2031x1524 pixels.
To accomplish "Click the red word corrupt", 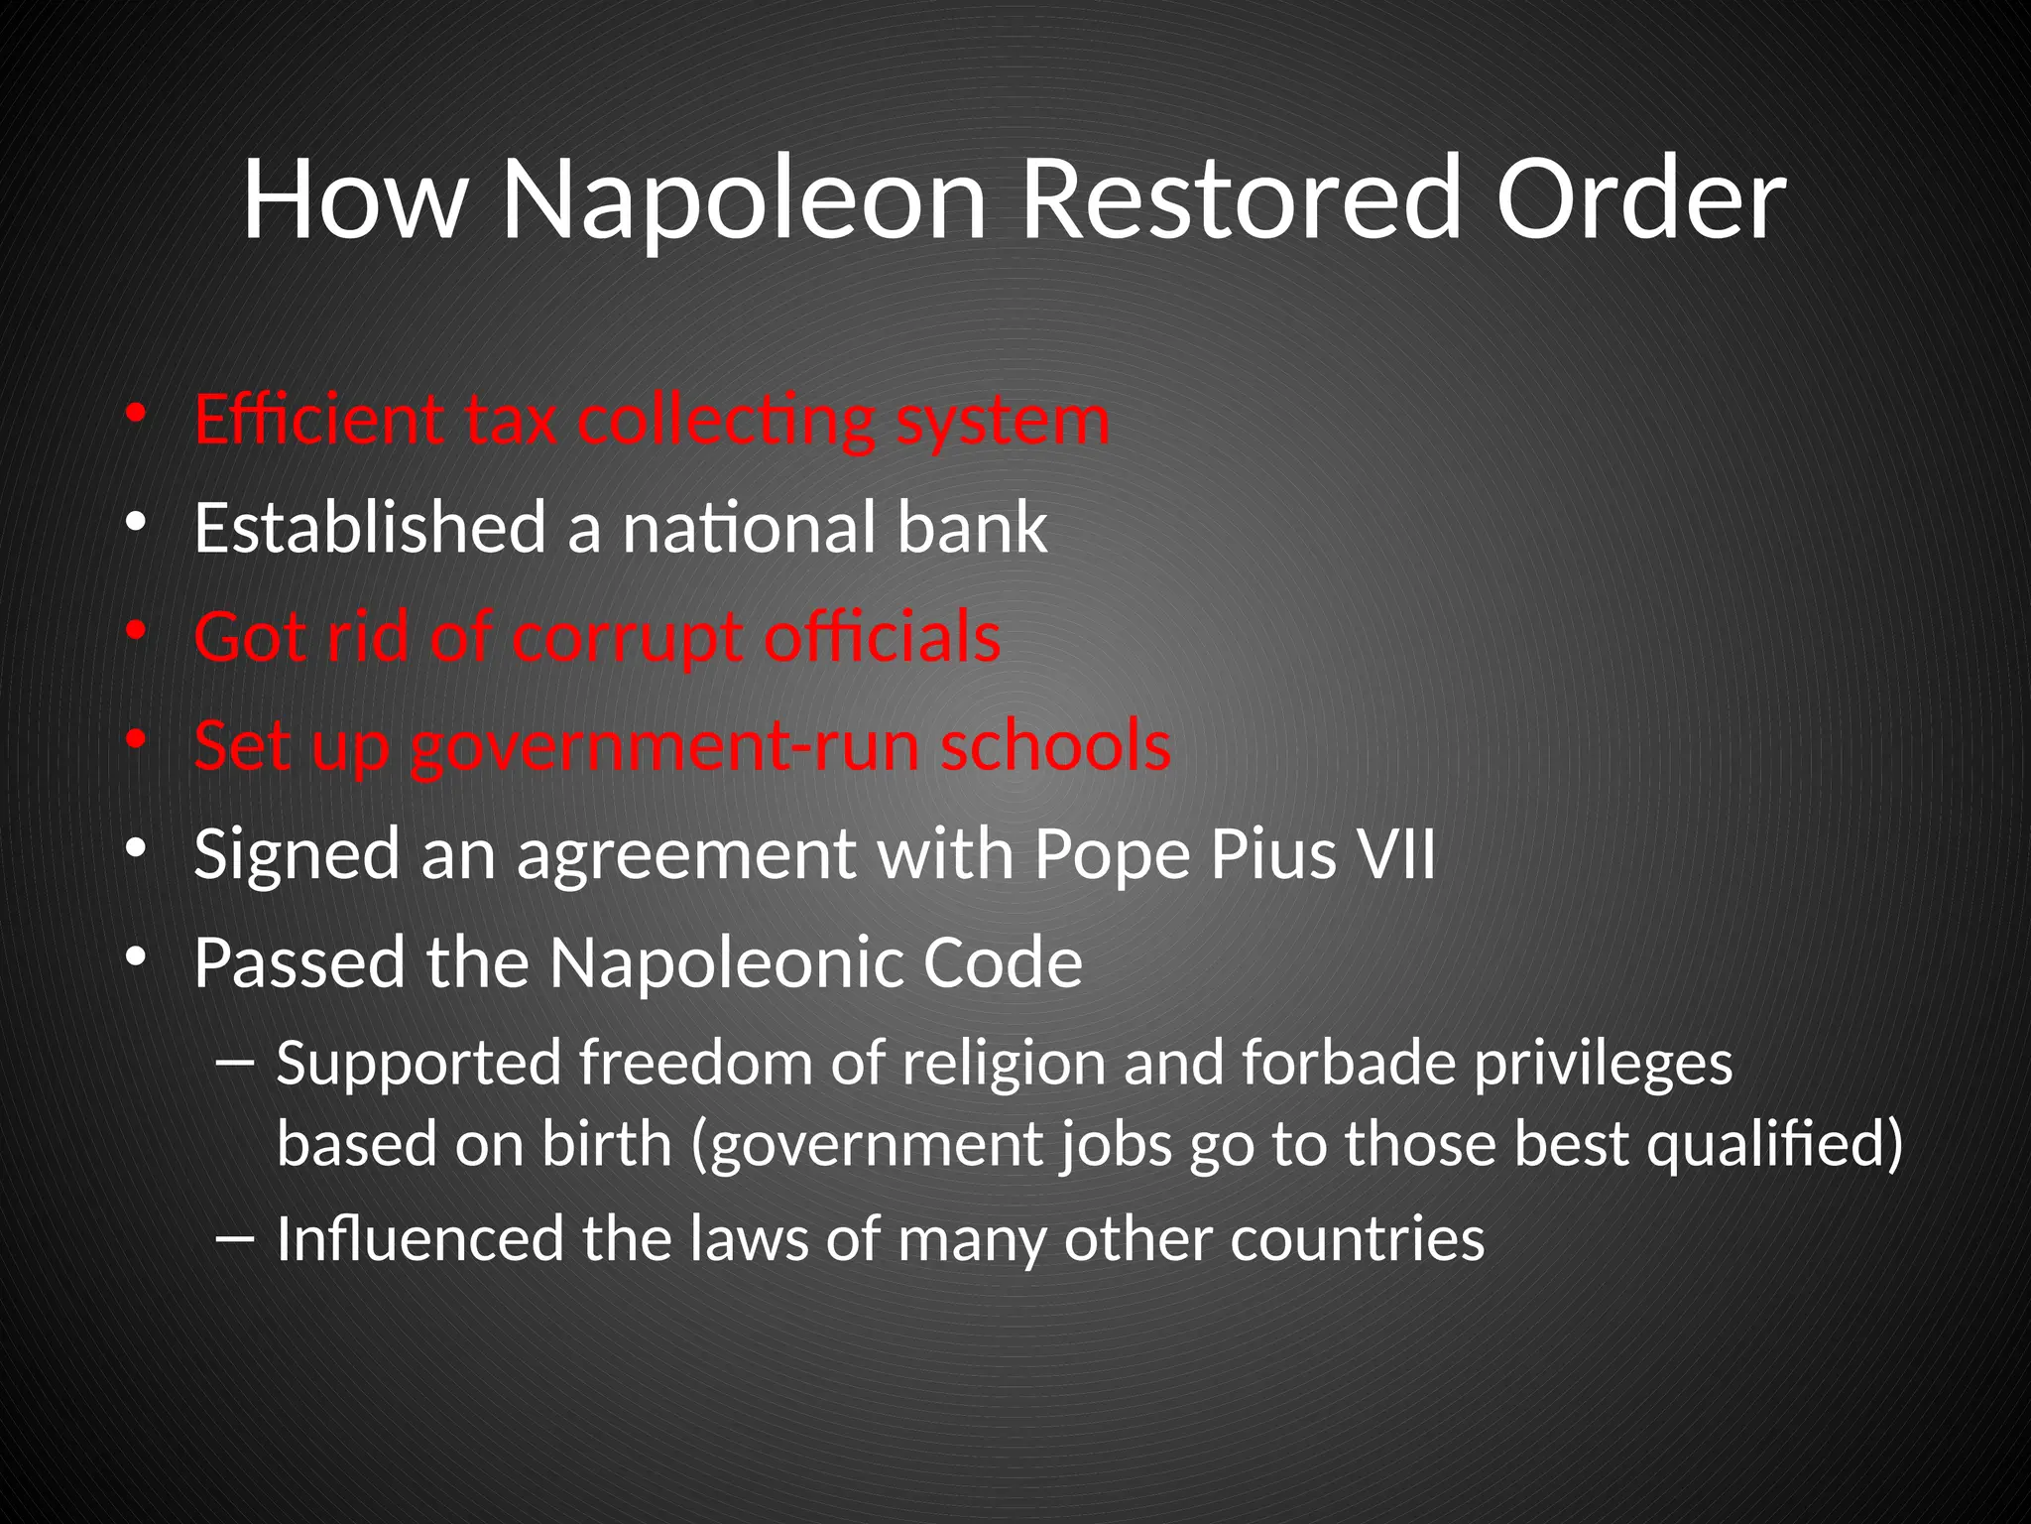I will [x=628, y=637].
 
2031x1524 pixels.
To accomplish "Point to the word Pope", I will [x=1111, y=855].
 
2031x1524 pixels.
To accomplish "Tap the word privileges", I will [x=1604, y=1065].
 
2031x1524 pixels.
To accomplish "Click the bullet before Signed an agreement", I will [x=136, y=849].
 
